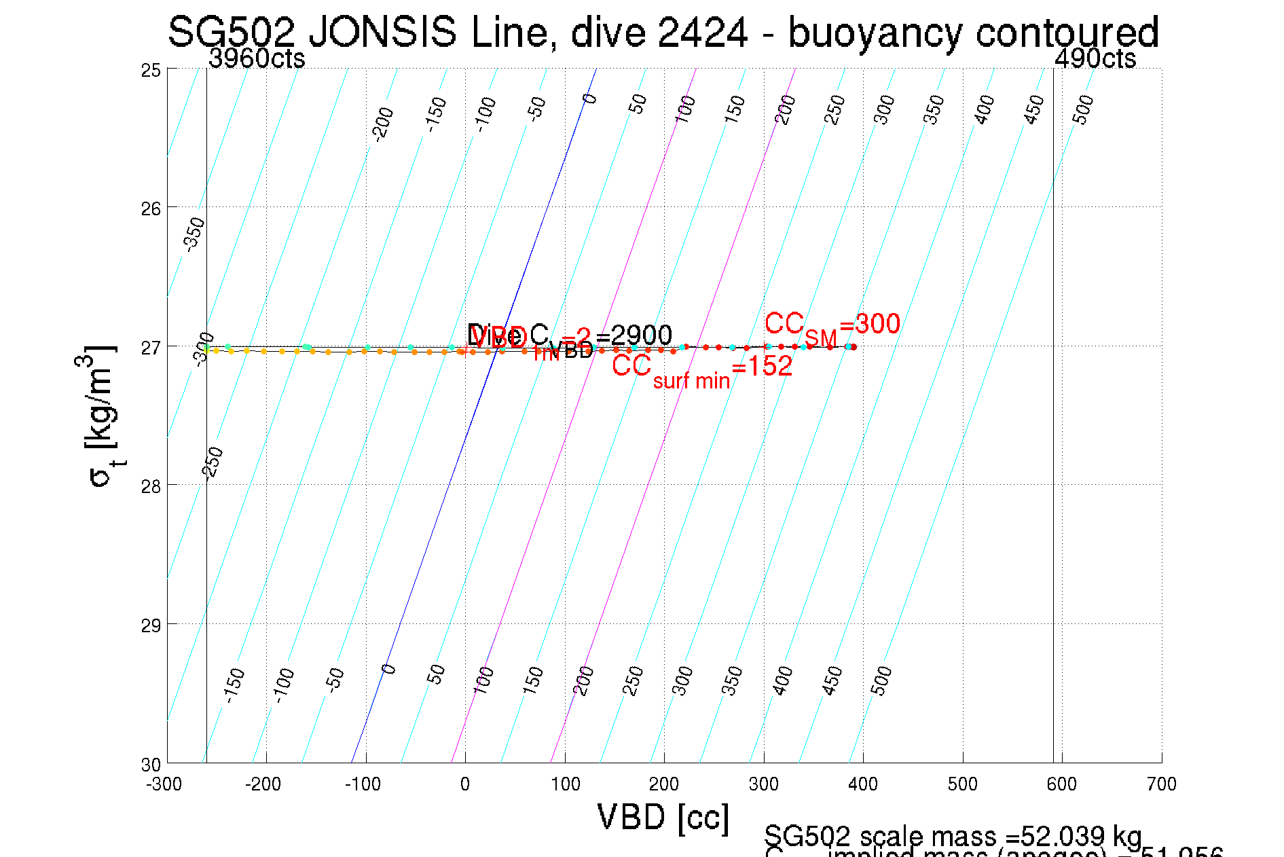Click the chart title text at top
click(663, 33)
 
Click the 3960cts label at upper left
click(257, 59)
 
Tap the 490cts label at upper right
click(1095, 59)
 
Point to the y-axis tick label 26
click(151, 208)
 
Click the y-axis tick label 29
click(151, 625)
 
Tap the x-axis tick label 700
click(1161, 785)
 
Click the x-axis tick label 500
click(962, 785)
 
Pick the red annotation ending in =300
click(832, 325)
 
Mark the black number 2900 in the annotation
click(641, 335)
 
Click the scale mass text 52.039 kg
click(952, 836)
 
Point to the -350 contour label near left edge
click(194, 234)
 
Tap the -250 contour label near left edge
click(213, 464)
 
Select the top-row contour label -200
click(384, 124)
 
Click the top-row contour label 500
click(1084, 110)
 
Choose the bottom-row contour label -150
click(234, 685)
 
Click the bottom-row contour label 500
click(881, 681)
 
